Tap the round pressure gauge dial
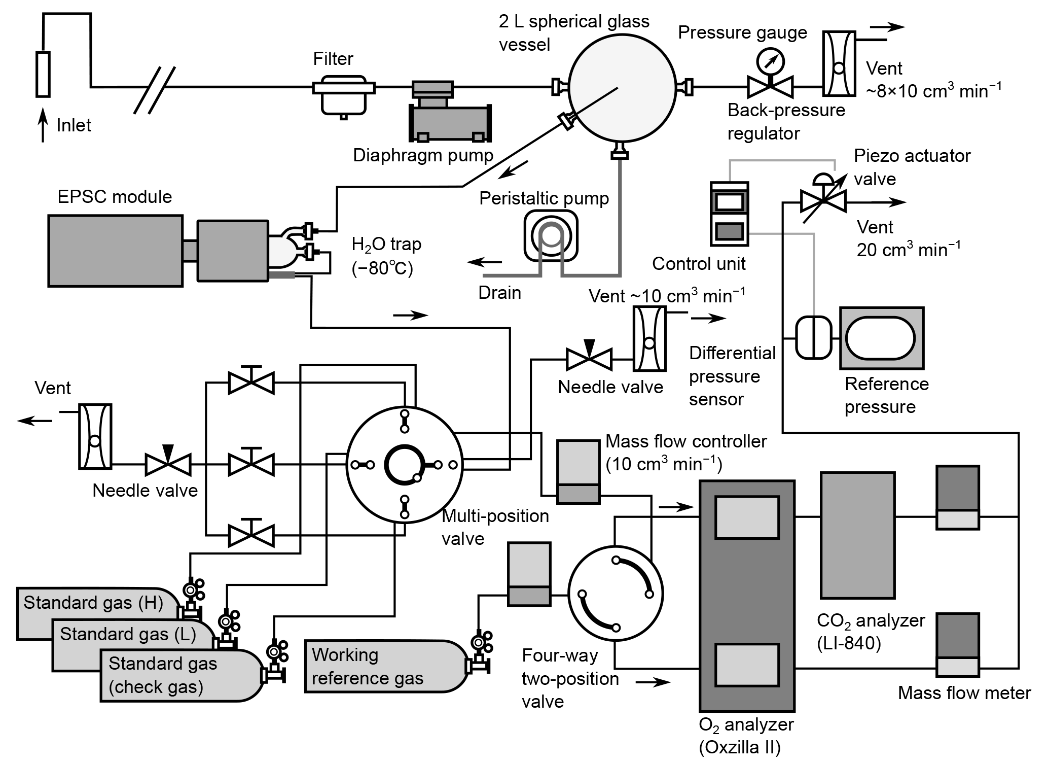pos(770,61)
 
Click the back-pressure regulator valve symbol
pos(770,87)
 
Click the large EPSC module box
pos(115,251)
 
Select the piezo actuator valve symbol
pos(822,197)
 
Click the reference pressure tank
pos(882,338)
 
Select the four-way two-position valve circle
pos(615,593)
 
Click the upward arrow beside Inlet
pos(44,125)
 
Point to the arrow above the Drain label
pos(484,262)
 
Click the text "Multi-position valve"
pos(495,527)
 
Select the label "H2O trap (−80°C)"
pos(386,256)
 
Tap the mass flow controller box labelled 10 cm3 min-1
pos(578,472)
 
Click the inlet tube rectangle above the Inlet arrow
pos(44,74)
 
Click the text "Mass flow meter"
pos(964,693)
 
